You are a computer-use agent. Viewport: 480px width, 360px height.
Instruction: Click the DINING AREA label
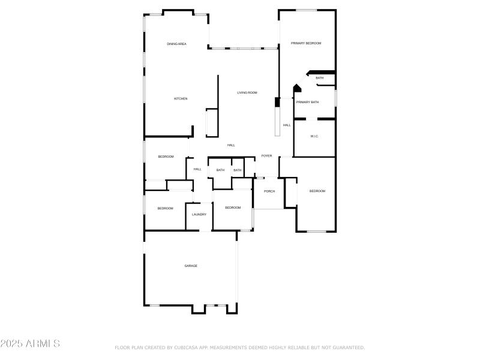(176, 44)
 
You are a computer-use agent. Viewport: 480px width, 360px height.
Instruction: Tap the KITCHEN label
(181, 98)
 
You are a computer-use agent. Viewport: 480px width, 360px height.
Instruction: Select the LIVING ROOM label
(247, 92)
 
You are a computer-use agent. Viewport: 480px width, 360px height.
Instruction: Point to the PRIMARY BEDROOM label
(306, 43)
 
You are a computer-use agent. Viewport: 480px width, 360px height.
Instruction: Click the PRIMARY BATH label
(307, 102)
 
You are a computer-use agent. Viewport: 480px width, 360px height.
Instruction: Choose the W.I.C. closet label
(314, 136)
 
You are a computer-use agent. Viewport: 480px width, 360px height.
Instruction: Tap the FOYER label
(266, 156)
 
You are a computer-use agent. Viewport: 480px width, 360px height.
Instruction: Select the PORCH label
(269, 191)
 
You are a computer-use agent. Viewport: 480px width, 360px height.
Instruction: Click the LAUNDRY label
(199, 214)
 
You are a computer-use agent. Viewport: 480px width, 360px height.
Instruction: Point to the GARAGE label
(191, 266)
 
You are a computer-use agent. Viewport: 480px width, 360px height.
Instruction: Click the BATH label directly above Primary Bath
(319, 78)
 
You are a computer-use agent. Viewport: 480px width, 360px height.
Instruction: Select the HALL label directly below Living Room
(231, 145)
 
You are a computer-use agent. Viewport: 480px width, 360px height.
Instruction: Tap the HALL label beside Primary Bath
(287, 125)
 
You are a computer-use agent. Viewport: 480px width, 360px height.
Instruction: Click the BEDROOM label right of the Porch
(317, 191)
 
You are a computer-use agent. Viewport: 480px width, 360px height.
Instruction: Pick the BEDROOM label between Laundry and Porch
(233, 208)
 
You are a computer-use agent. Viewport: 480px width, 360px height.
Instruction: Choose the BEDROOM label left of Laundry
(165, 208)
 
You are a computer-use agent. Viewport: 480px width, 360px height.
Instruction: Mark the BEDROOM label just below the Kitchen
(166, 157)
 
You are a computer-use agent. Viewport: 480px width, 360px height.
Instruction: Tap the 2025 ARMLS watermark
(30, 344)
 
